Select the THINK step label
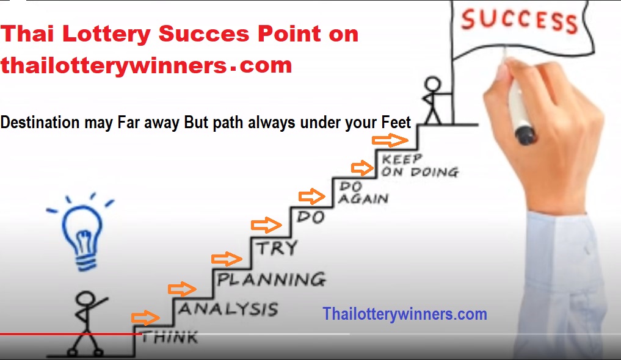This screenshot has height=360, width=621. pyautogui.click(x=170, y=337)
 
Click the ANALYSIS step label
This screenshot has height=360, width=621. pyautogui.click(x=228, y=309)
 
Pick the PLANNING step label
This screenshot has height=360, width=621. pyautogui.click(x=271, y=279)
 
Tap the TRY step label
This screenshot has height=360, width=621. pyautogui.click(x=277, y=248)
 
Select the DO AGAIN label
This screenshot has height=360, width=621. pyautogui.click(x=363, y=193)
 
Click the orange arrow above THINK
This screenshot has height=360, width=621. pyautogui.click(x=146, y=318)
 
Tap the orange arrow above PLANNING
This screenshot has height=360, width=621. pyautogui.click(x=227, y=259)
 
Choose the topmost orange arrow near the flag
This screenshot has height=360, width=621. pyautogui.click(x=390, y=140)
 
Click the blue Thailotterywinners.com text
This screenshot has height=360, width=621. pyautogui.click(x=405, y=314)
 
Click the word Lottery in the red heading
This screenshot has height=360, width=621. pyautogui.click(x=106, y=34)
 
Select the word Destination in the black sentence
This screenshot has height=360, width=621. pyautogui.click(x=40, y=123)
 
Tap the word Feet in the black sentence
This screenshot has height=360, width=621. pyautogui.click(x=396, y=122)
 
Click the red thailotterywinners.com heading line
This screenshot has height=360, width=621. pyautogui.click(x=147, y=65)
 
